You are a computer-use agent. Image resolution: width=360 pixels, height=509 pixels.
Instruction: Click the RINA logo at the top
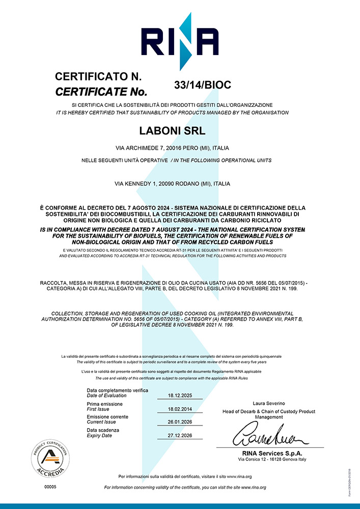point(180,41)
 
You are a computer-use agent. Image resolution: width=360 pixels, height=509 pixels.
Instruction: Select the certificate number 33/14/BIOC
point(202,86)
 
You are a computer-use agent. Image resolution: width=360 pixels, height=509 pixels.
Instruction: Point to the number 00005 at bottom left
point(50,487)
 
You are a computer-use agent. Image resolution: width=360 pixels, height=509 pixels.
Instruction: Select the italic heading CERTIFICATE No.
point(101,92)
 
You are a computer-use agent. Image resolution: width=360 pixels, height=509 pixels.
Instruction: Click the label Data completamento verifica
point(118,390)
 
